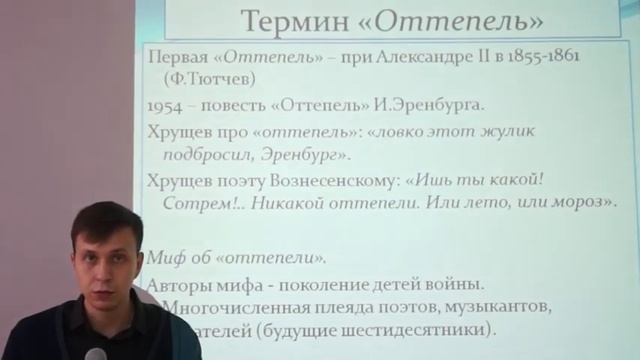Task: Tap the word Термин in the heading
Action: [283, 20]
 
